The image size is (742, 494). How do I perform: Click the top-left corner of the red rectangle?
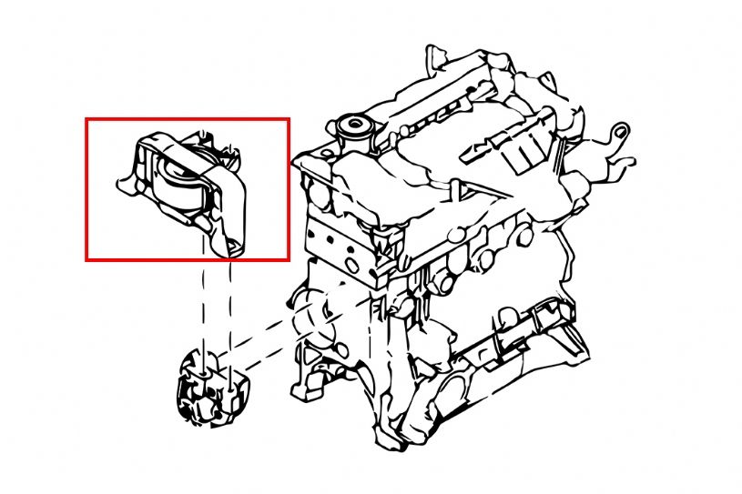pyautogui.click(x=86, y=118)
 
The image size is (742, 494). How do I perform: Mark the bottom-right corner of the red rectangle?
pyautogui.click(x=289, y=260)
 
